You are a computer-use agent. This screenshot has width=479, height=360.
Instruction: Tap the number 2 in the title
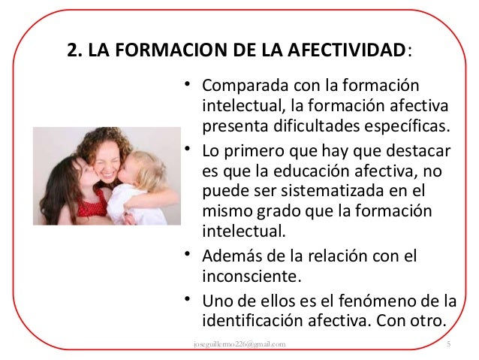pyautogui.click(x=72, y=51)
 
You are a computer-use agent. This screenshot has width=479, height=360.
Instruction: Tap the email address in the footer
pyautogui.click(x=239, y=344)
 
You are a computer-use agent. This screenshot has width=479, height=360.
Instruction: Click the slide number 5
pyautogui.click(x=447, y=344)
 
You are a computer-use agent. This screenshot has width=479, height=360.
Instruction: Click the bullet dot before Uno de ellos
pyautogui.click(x=187, y=301)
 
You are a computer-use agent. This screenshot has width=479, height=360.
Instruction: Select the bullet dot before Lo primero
pyautogui.click(x=187, y=145)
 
